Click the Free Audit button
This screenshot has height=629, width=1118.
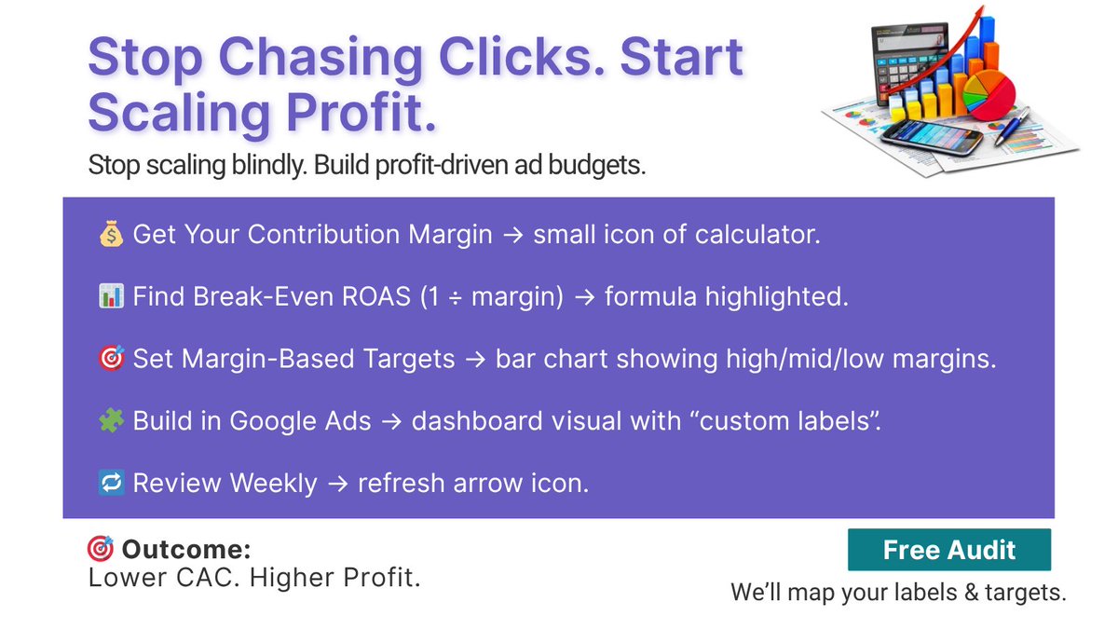(x=948, y=550)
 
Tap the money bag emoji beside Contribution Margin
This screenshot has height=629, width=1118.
(x=110, y=234)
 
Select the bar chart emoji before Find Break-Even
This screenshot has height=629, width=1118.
(x=110, y=296)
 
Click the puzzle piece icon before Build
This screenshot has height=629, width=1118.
(x=110, y=421)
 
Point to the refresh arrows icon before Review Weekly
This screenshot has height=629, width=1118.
(x=110, y=484)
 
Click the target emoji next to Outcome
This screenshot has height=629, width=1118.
(x=100, y=549)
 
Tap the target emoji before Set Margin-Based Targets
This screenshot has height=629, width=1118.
(x=110, y=359)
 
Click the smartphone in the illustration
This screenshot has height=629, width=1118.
(x=933, y=138)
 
